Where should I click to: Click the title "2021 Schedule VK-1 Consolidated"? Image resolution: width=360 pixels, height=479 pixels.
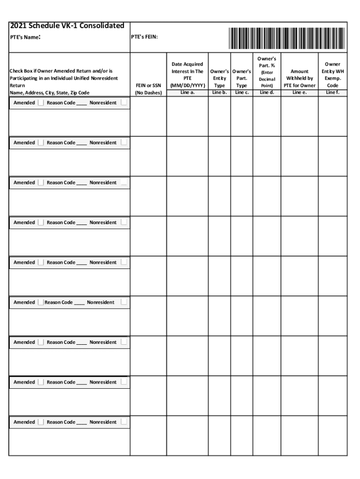67,26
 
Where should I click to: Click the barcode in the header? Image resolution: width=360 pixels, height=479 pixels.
287,38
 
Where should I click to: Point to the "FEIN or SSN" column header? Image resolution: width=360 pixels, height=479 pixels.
148,89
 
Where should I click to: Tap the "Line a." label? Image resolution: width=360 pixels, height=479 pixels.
187,93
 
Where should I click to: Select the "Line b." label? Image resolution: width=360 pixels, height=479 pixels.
219,93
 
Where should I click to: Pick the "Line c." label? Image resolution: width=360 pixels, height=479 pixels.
242,93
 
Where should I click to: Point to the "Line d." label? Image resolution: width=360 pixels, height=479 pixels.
266,93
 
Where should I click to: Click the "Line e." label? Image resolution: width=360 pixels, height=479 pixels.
299,93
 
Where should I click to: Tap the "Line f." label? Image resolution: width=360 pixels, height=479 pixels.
332,93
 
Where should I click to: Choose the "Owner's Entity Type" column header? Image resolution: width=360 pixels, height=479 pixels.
219,79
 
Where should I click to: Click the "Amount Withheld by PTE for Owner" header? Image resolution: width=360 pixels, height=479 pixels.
299,79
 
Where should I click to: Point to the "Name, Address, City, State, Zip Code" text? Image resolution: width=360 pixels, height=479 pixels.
50,93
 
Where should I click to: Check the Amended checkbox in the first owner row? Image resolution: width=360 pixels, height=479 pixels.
40,103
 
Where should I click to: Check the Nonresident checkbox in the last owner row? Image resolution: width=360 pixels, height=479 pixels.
123,422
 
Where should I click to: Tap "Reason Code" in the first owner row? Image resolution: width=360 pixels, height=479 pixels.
61,103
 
